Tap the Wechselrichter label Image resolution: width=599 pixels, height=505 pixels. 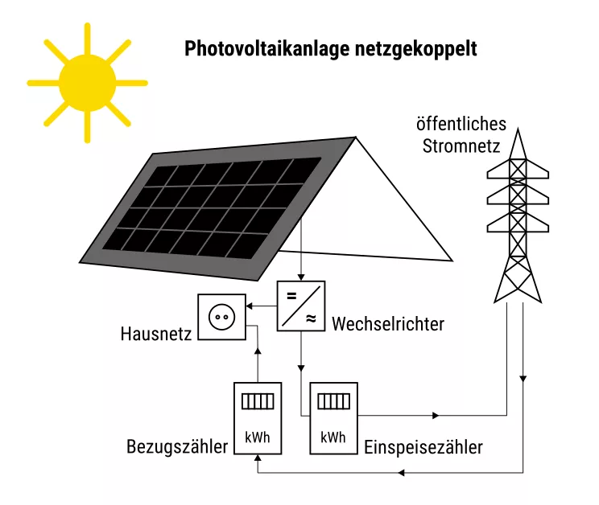(x=387, y=325)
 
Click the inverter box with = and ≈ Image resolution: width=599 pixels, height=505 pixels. (x=301, y=306)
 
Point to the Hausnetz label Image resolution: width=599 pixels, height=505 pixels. (x=156, y=332)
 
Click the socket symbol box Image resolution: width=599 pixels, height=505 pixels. (x=221, y=318)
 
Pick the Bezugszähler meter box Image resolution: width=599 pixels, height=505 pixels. (x=257, y=418)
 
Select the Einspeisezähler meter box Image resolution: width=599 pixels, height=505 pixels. (x=333, y=418)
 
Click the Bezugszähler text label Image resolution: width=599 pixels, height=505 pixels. (x=177, y=446)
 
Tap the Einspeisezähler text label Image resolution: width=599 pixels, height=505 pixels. (x=423, y=447)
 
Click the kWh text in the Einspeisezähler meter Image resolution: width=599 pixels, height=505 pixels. (x=333, y=438)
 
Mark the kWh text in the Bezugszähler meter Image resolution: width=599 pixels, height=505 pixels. (x=257, y=438)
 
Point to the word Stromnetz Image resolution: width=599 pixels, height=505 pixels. (x=461, y=147)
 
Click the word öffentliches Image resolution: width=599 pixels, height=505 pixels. (x=461, y=125)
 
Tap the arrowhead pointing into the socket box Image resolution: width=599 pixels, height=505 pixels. (x=248, y=306)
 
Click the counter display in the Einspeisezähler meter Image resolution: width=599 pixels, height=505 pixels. (x=333, y=400)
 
